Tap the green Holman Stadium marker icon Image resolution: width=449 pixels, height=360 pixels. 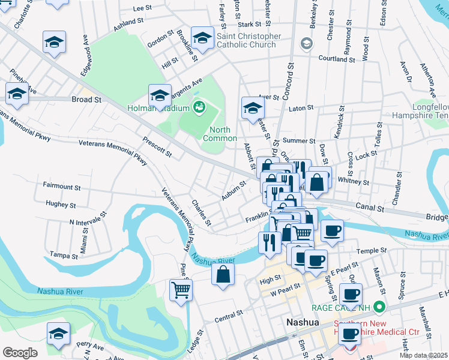click(x=199, y=108)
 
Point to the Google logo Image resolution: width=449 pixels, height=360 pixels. click(x=20, y=353)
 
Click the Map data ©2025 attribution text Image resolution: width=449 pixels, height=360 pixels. click(x=424, y=355)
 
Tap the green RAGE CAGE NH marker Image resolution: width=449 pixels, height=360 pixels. click(x=378, y=308)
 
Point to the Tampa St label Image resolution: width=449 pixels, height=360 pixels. click(x=64, y=255)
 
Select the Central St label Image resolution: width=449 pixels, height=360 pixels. click(x=228, y=316)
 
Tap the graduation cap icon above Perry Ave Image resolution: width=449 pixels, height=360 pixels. click(x=59, y=333)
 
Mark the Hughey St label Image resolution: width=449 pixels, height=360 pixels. click(x=60, y=204)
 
